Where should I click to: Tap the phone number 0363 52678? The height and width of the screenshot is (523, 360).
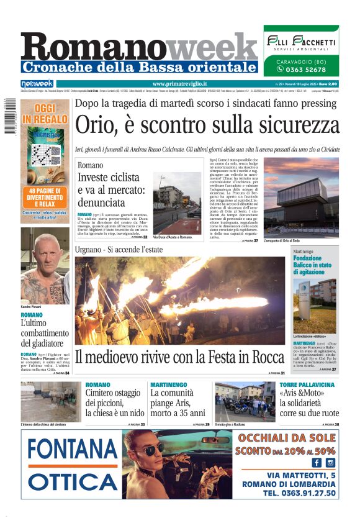305,70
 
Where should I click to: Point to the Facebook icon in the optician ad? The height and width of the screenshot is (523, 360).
317,462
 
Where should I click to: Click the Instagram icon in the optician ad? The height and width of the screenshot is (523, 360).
330,462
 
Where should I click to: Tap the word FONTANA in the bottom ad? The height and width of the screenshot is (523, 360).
73,449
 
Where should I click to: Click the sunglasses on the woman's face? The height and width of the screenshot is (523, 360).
149,448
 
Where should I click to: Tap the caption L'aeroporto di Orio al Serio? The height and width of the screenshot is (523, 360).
286,240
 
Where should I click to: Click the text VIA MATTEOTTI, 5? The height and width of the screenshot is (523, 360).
301,475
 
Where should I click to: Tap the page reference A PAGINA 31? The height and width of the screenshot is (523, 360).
274,373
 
